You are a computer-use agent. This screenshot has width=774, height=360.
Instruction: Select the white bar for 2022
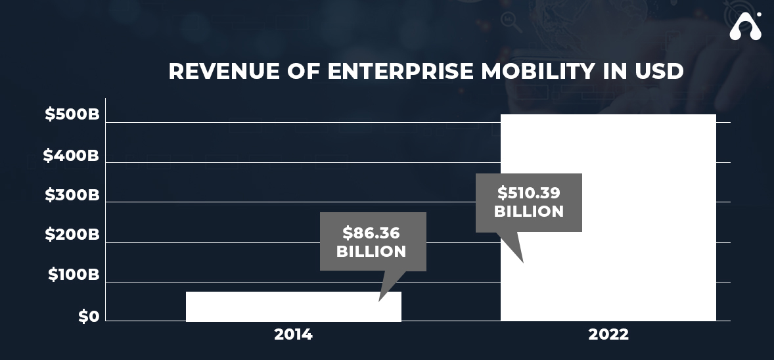pyautogui.click(x=608, y=276)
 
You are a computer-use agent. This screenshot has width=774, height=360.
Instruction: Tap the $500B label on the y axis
pyautogui.click(x=72, y=114)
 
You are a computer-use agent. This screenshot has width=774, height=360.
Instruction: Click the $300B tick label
pyautogui.click(x=72, y=195)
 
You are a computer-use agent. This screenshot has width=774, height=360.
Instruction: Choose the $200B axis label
pyautogui.click(x=72, y=235)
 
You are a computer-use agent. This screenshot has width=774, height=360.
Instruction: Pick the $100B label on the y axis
pyautogui.click(x=73, y=275)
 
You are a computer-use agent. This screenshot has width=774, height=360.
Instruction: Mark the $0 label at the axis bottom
pyautogui.click(x=89, y=317)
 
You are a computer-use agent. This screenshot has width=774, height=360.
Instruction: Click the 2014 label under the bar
pyautogui.click(x=293, y=334)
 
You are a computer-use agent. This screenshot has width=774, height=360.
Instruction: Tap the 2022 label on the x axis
pyautogui.click(x=608, y=334)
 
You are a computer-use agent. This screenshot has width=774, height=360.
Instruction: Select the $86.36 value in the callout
pyautogui.click(x=371, y=233)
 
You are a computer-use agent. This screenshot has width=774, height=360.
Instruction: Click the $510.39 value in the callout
pyautogui.click(x=528, y=193)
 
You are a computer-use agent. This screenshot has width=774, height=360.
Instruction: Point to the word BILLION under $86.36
pyautogui.click(x=371, y=252)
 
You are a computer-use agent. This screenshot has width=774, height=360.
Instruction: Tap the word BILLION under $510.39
pyautogui.click(x=529, y=212)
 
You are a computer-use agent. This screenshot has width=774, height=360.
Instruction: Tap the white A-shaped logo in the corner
pyautogui.click(x=745, y=26)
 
